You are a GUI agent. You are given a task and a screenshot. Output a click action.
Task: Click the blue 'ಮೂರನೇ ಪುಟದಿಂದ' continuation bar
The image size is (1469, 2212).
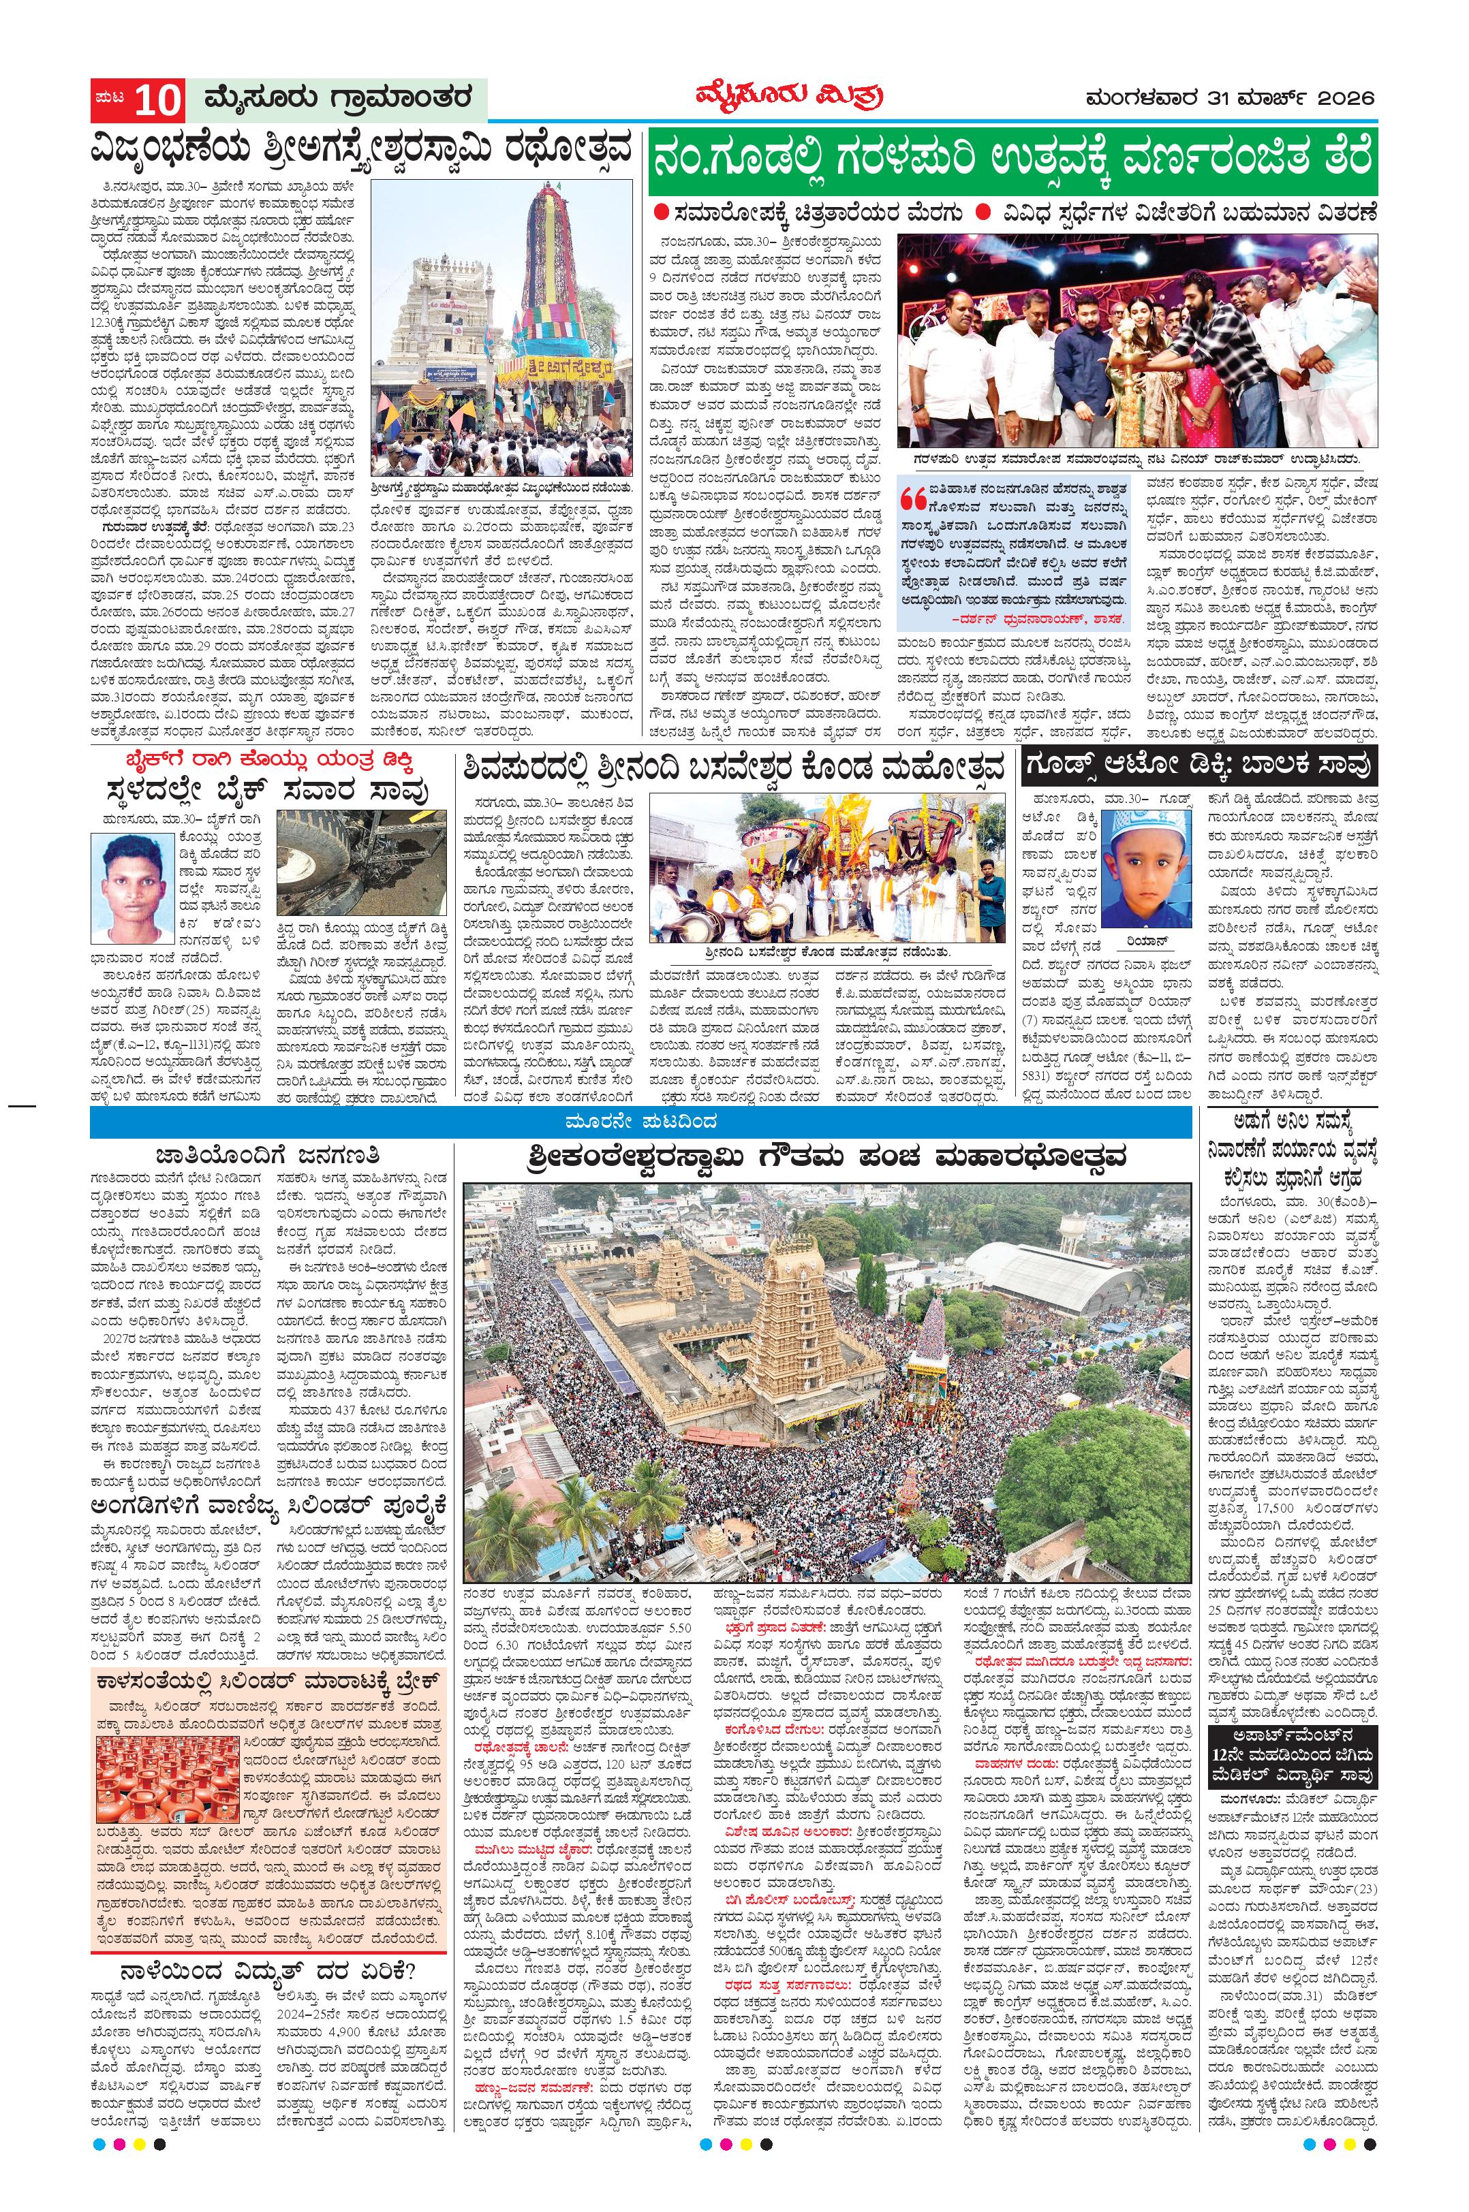click(640, 1121)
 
